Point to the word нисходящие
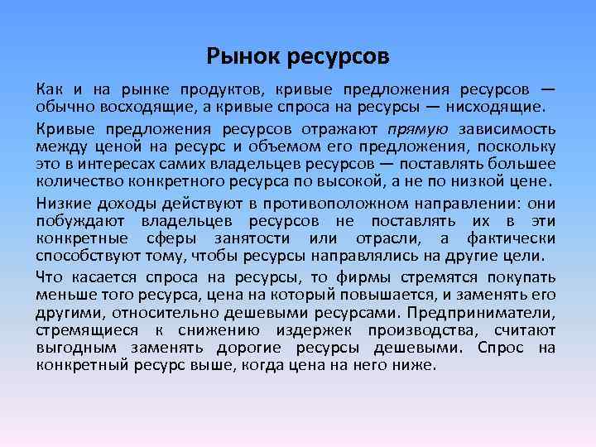(496, 106)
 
